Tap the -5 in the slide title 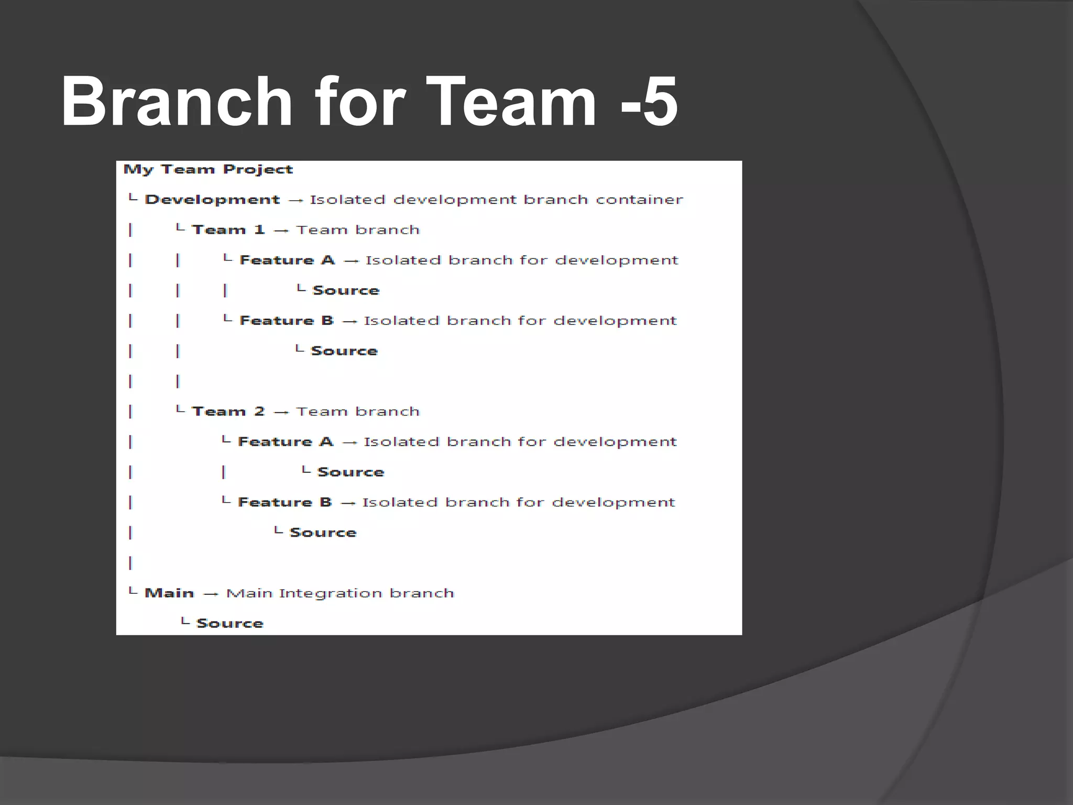point(649,102)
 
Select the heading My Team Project point(208,169)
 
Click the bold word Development point(212,200)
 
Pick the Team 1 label point(228,230)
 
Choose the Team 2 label point(228,411)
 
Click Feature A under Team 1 point(287,260)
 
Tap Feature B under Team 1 point(287,320)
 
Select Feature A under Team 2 point(286,442)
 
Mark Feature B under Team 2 point(285,502)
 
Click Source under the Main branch point(229,623)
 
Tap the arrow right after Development point(295,200)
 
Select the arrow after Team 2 point(281,412)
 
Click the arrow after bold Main point(211,594)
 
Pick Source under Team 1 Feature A point(346,290)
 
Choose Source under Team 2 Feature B point(323,532)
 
